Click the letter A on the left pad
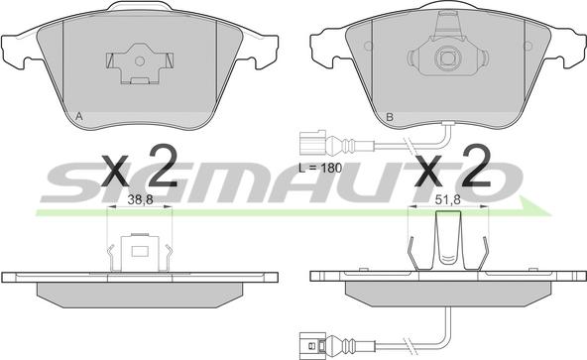(79, 116)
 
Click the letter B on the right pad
(390, 117)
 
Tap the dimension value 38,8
(140, 200)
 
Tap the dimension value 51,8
(447, 200)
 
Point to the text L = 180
(320, 168)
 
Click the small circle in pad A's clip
(139, 60)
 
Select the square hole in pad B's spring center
(446, 59)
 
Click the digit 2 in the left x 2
(163, 166)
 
